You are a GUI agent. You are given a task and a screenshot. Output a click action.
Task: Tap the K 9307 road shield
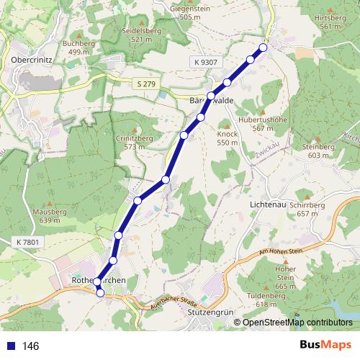[205, 63]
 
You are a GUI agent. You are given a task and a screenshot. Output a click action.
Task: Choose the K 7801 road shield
[26, 242]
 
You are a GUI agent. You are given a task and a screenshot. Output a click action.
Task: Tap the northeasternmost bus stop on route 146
[263, 48]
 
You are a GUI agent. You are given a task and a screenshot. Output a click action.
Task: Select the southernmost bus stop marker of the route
[101, 292]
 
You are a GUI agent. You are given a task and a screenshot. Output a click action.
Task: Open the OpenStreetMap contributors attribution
[297, 322]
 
